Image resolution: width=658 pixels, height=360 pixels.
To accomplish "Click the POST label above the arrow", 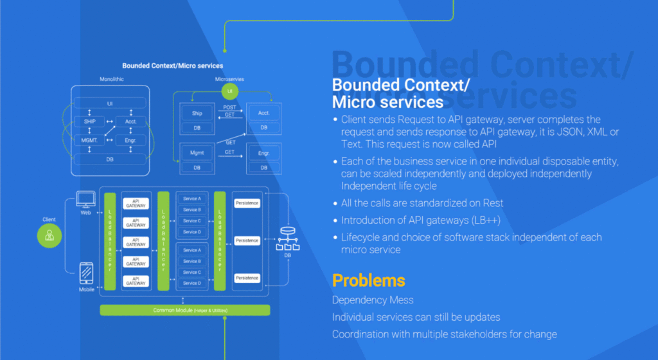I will click(229, 107).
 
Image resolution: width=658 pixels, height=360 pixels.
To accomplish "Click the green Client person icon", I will click(49, 237).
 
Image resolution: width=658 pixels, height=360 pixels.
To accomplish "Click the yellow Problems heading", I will click(368, 280).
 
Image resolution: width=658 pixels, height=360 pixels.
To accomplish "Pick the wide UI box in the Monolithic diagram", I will click(109, 104).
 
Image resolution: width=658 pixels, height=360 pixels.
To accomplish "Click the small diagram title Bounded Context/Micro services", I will click(173, 66).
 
